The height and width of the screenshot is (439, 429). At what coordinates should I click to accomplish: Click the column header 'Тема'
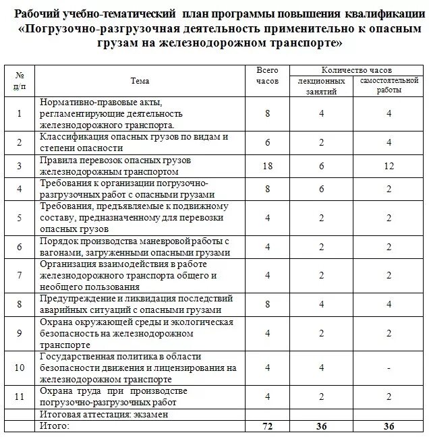140,81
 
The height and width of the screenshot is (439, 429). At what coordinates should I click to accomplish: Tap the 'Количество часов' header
356,69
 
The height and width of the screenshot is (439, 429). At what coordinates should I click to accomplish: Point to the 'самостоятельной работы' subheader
390,85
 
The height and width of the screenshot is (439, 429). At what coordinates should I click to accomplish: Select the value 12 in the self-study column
390,166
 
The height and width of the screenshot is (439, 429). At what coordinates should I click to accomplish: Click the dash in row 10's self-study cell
390,368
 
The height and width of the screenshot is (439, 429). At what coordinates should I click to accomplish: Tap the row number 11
20,397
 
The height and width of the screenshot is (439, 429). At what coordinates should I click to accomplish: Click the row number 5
20,218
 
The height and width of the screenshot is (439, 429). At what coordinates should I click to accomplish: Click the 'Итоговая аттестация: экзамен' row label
103,415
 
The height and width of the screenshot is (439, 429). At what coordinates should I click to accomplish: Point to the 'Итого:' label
55,426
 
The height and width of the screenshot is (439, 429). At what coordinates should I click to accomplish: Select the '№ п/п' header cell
20,80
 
